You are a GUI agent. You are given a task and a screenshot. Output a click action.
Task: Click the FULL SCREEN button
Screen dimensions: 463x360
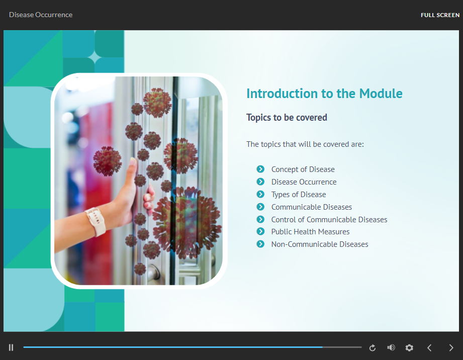(x=440, y=15)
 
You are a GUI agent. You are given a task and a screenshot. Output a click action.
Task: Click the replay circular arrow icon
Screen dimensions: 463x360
(x=373, y=348)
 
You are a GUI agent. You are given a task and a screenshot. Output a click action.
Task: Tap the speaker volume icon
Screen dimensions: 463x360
(x=391, y=347)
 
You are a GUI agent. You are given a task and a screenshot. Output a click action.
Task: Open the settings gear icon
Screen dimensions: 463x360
(x=409, y=348)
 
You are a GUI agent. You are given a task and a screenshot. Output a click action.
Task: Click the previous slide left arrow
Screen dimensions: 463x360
(x=429, y=348)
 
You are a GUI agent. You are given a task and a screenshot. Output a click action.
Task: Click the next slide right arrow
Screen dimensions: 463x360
(x=451, y=348)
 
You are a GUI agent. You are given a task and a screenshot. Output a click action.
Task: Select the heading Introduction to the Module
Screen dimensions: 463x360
(x=324, y=94)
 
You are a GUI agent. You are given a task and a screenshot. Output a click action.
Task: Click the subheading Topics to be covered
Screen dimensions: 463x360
(x=287, y=118)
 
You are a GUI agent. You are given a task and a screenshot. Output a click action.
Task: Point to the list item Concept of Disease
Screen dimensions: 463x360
(x=303, y=169)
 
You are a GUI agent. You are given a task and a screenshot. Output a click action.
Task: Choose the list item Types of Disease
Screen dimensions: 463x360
(x=299, y=195)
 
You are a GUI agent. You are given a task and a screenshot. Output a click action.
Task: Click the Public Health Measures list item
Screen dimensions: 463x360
(x=310, y=232)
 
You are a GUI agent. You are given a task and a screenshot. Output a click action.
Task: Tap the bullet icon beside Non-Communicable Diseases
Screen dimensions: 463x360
(x=260, y=244)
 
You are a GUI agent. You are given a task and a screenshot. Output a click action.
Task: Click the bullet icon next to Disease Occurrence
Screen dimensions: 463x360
(x=260, y=182)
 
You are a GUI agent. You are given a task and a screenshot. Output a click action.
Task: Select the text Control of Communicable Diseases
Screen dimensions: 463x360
(x=329, y=220)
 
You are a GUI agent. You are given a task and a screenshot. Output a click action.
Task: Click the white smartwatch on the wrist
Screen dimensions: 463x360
(x=96, y=221)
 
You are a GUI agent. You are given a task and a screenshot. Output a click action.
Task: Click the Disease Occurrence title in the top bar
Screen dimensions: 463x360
(x=41, y=15)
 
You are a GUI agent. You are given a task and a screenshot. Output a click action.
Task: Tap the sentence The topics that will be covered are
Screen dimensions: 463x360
(x=305, y=144)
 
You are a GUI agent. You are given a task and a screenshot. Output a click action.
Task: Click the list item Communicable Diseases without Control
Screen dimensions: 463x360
(x=312, y=207)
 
